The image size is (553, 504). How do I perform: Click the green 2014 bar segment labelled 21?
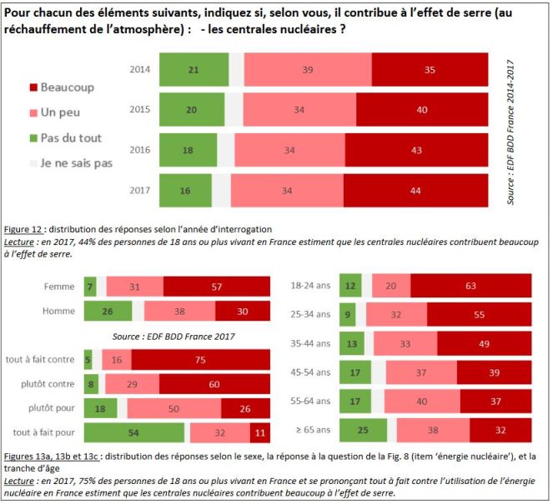[x=193, y=70]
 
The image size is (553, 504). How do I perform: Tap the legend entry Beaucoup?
[x=68, y=87]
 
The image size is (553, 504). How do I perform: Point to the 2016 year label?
[x=140, y=150]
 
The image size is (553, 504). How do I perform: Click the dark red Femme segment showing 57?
[x=217, y=287]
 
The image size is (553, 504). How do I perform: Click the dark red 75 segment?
[x=201, y=360]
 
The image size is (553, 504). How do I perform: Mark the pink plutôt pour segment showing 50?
[x=173, y=409]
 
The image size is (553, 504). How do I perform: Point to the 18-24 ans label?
[x=309, y=285]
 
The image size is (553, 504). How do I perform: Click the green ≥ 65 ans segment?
[x=364, y=431]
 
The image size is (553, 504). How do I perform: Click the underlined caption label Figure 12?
[x=28, y=227]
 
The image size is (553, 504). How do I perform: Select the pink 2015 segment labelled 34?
[x=299, y=110]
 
